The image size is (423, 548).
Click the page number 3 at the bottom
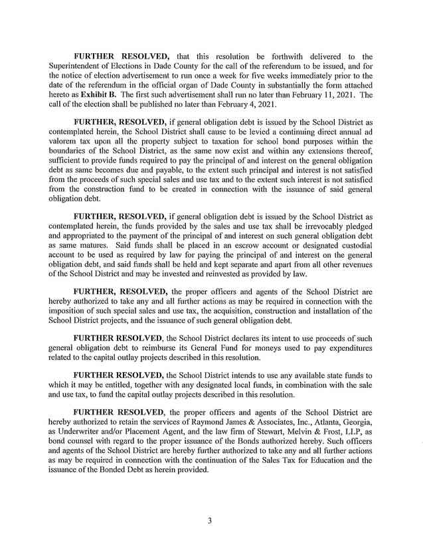click(x=210, y=521)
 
